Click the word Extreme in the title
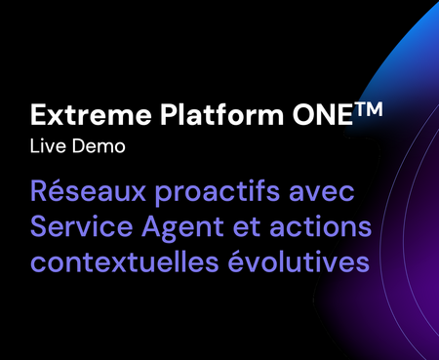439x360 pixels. pyautogui.click(x=91, y=115)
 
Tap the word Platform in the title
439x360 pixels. pyautogui.click(x=222, y=114)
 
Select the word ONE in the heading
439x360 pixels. pyautogui.click(x=322, y=114)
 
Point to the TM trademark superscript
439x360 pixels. pyautogui.click(x=368, y=109)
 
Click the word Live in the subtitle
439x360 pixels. pyautogui.click(x=48, y=146)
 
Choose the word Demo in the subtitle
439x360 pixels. pyautogui.click(x=99, y=146)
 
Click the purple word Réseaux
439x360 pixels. pyautogui.click(x=88, y=190)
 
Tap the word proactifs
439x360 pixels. pyautogui.click(x=217, y=192)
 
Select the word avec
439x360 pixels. pyautogui.click(x=322, y=193)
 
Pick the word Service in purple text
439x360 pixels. pyautogui.click(x=82, y=226)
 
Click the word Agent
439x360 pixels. pyautogui.click(x=182, y=228)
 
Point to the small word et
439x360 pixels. pyautogui.click(x=247, y=227)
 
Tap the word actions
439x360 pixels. pyautogui.click(x=320, y=226)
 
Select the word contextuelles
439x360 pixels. pyautogui.click(x=125, y=261)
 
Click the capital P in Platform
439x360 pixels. pyautogui.click(x=170, y=115)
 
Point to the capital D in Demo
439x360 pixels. pyautogui.click(x=80, y=146)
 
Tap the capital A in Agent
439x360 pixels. pyautogui.click(x=153, y=226)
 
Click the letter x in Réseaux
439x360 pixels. pyautogui.click(x=138, y=193)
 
